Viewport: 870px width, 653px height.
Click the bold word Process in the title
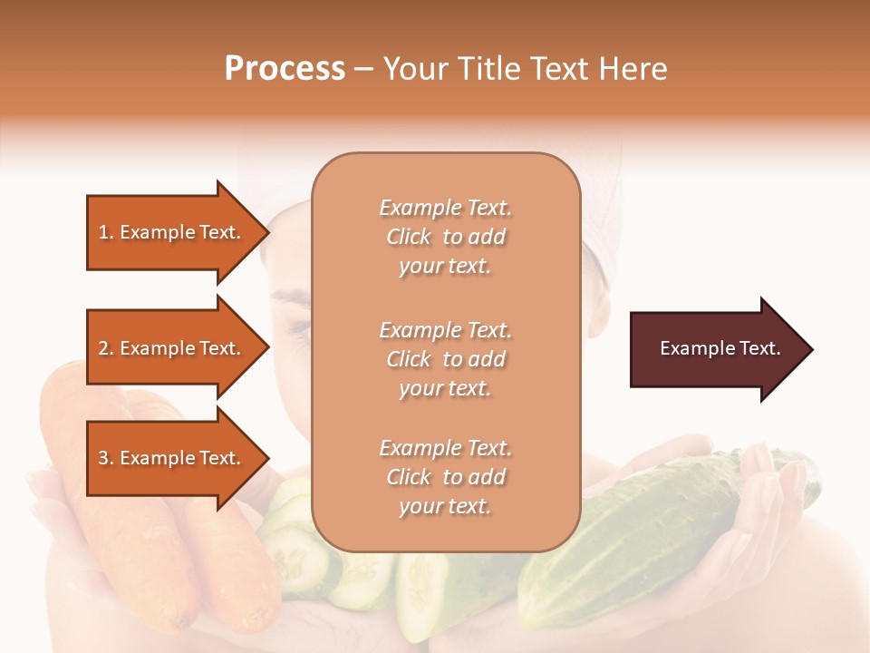[285, 69]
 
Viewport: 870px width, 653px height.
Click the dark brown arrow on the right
[716, 349]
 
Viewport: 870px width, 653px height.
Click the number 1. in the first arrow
[106, 232]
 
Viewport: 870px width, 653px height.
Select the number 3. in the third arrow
[106, 458]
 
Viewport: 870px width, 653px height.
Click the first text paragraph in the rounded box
[445, 237]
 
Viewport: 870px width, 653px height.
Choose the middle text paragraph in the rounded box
[445, 359]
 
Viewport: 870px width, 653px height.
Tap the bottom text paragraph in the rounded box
[445, 477]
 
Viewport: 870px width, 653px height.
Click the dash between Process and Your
[363, 69]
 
